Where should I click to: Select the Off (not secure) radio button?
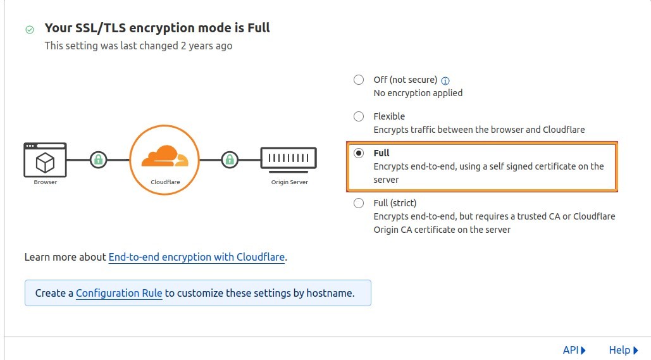pyautogui.click(x=359, y=80)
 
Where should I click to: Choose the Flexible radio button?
pyautogui.click(x=359, y=116)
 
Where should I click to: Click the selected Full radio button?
pyautogui.click(x=359, y=153)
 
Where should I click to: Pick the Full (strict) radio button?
pyautogui.click(x=359, y=203)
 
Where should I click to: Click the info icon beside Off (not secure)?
pyautogui.click(x=445, y=80)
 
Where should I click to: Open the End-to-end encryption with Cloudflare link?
pyautogui.click(x=197, y=258)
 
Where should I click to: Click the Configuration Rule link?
pyautogui.click(x=119, y=294)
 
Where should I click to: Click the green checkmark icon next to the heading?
pyautogui.click(x=30, y=29)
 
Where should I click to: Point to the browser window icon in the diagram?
pyautogui.click(x=45, y=159)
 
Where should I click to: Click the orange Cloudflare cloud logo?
pyautogui.click(x=164, y=156)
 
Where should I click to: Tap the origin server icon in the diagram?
pyautogui.click(x=288, y=159)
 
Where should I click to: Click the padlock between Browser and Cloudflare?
pyautogui.click(x=98, y=159)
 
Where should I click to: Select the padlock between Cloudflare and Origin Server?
pyautogui.click(x=230, y=159)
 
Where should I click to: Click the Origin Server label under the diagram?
pyautogui.click(x=289, y=182)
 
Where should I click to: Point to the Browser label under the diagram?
pyautogui.click(x=46, y=182)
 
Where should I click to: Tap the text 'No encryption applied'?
pyautogui.click(x=418, y=93)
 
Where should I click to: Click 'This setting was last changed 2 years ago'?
pyautogui.click(x=139, y=46)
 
